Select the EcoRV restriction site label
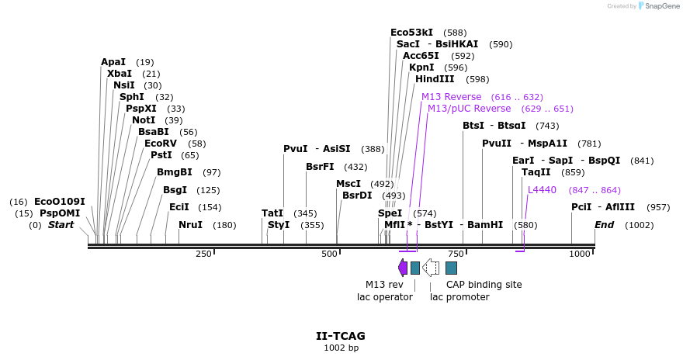tap(160, 143)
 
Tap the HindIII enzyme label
tap(435, 79)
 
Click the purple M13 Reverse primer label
tap(451, 96)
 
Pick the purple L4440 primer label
tap(542, 189)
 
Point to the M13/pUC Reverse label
tap(469, 109)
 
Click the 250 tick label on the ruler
tap(203, 254)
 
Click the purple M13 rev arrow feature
tap(402, 268)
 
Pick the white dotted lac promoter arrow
tap(431, 268)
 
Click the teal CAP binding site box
tap(451, 268)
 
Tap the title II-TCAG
tap(341, 336)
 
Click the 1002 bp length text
tap(341, 348)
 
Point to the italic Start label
tap(61, 225)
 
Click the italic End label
tap(605, 225)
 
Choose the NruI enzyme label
tap(190, 225)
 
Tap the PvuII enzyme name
tap(497, 143)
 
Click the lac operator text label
tap(384, 296)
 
